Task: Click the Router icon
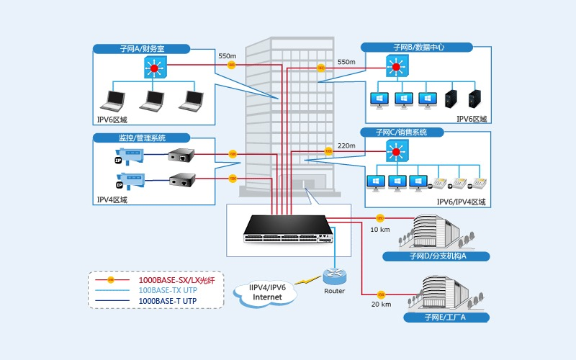[x=334, y=276]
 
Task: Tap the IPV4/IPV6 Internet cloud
[x=268, y=292]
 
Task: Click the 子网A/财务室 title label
[x=142, y=49]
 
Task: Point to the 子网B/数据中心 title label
[x=418, y=47]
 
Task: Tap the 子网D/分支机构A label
[x=437, y=256]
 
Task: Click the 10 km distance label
[x=380, y=230]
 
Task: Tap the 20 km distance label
[x=380, y=305]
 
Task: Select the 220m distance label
[x=346, y=145]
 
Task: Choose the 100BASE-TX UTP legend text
[x=167, y=289]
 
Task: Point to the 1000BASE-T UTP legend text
[x=167, y=300]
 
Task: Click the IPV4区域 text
[x=112, y=200]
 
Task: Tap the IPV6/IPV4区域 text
[x=462, y=202]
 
